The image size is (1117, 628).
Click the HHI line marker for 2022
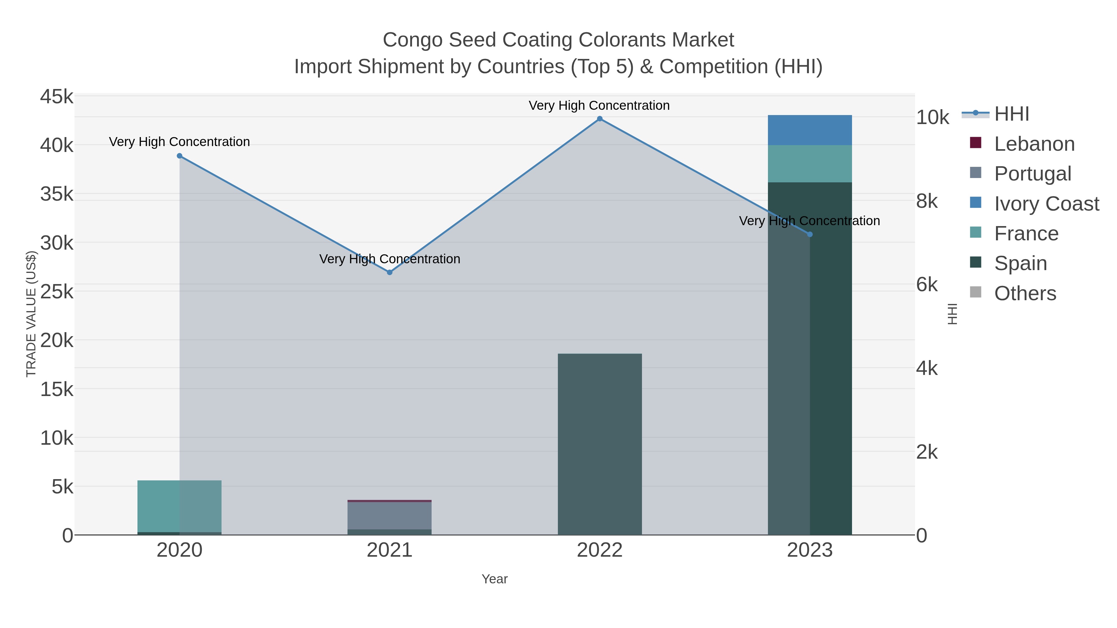click(x=600, y=119)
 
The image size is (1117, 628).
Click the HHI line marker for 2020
click(x=180, y=156)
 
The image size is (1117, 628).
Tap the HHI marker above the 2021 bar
click(x=389, y=273)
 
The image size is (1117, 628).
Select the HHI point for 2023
click(x=810, y=234)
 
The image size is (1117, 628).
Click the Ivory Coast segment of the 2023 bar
click(x=810, y=130)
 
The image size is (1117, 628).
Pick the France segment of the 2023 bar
click(x=810, y=164)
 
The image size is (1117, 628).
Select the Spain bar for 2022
click(x=600, y=444)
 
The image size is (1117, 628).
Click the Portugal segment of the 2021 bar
click(x=389, y=516)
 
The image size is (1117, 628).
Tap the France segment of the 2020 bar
click(x=180, y=506)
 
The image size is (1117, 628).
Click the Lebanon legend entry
click(x=1034, y=144)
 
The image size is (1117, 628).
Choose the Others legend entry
click(x=1025, y=293)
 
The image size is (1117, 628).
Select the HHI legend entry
click(x=1011, y=114)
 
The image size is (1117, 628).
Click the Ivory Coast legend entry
click(x=1046, y=204)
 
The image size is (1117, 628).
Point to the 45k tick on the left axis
click(x=57, y=97)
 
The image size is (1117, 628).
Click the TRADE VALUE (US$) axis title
click(x=31, y=314)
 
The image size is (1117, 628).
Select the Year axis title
click(x=494, y=579)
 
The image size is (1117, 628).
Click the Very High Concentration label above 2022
click(x=599, y=106)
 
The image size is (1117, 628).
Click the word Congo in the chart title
click(x=412, y=40)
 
